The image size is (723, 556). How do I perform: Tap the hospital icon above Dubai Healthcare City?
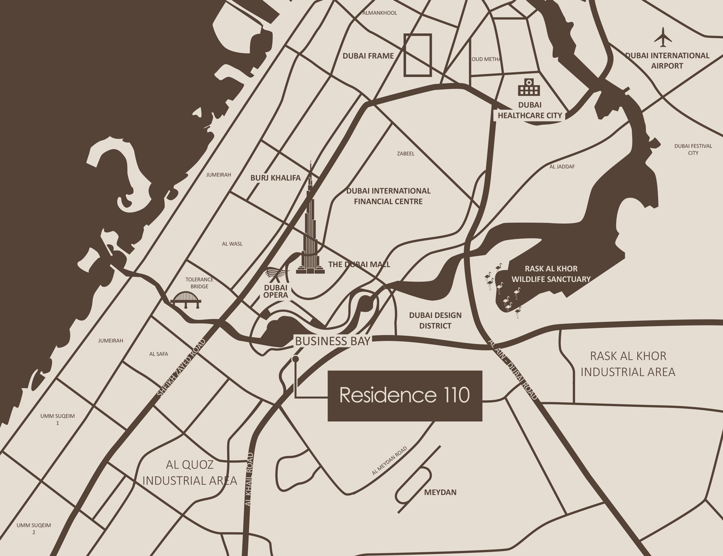529,87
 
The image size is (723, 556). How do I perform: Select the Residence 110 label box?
405,396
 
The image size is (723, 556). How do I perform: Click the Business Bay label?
332,341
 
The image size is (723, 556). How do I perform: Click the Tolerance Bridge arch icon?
186,300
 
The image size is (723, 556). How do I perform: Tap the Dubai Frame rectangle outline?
417,55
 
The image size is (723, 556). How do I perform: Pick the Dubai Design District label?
435,320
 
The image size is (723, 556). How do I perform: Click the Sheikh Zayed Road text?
181,368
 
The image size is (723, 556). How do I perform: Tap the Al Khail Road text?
249,479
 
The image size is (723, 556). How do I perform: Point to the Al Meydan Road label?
389,461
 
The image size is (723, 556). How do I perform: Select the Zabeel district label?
405,153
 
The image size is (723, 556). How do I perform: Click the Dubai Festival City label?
693,149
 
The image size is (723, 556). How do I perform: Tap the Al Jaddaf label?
562,167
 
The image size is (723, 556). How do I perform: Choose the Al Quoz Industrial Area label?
189,473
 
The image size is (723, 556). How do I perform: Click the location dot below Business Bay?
295,359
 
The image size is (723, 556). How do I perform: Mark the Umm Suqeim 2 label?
34,528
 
